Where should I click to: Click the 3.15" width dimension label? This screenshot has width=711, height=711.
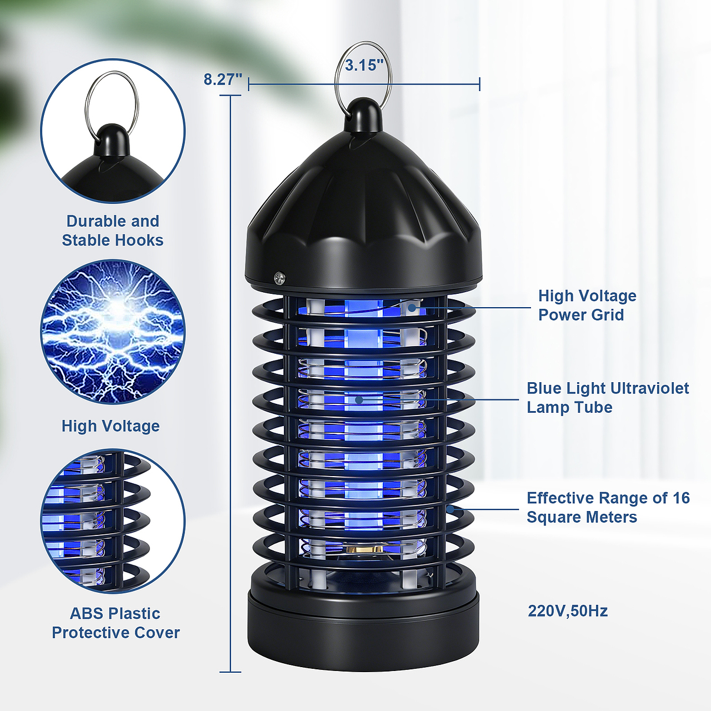coord(364,66)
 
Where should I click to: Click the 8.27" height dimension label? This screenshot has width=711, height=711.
coord(223,79)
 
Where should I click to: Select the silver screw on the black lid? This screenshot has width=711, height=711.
coord(279,278)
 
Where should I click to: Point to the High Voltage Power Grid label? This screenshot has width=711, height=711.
coord(587,305)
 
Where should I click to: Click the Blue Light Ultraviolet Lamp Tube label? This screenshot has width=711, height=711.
coord(608,398)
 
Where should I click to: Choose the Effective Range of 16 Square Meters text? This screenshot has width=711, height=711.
coord(608,507)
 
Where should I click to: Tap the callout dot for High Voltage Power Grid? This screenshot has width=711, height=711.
coord(412,307)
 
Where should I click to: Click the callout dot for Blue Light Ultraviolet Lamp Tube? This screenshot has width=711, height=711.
coord(359,399)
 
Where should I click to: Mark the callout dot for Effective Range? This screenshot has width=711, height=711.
coord(450,509)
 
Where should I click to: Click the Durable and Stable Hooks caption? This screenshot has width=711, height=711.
coord(113,231)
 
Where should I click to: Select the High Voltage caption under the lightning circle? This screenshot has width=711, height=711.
coord(111,426)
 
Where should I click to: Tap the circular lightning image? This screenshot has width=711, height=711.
coord(113,332)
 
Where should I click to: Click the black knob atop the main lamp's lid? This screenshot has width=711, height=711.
coord(363,115)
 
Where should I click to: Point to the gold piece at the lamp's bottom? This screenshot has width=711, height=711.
coord(363,549)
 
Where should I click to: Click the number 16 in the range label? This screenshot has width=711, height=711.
coord(681,498)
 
